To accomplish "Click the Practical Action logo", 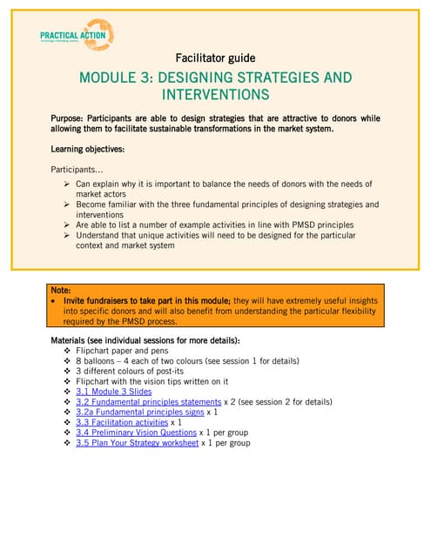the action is tap(77, 36).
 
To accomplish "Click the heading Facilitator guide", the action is tap(215, 58).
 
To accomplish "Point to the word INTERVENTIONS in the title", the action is tap(215, 95).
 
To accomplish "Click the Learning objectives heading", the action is tap(87, 150).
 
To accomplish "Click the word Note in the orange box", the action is tap(61, 290).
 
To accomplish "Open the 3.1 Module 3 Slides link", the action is tap(113, 392).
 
